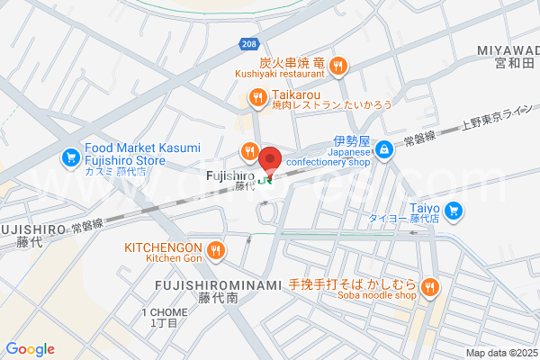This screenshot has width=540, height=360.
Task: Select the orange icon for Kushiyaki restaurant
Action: click(338, 64)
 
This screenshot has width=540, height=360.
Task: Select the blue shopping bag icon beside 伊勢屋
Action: click(384, 149)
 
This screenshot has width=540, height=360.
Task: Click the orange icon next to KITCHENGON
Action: click(214, 249)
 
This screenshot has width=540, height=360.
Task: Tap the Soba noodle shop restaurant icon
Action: click(430, 287)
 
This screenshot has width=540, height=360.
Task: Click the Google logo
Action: click(31, 349)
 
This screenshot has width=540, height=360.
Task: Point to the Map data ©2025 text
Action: click(500, 353)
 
